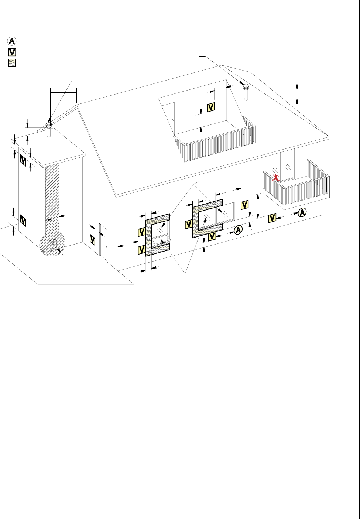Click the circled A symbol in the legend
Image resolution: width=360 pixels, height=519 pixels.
(12, 41)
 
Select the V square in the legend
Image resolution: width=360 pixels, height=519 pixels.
(12, 52)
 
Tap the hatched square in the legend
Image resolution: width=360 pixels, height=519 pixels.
(12, 62)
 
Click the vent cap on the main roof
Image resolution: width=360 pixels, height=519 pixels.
(246, 88)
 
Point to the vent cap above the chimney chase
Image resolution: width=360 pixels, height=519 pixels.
(49, 125)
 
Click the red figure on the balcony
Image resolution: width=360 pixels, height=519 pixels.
(275, 177)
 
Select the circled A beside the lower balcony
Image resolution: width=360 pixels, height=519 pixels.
(302, 212)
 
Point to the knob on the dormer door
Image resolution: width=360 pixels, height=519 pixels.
(172, 121)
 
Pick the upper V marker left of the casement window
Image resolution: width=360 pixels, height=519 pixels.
(141, 232)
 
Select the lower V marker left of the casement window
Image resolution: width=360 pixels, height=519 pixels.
(141, 250)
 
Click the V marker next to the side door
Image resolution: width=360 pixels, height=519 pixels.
(93, 240)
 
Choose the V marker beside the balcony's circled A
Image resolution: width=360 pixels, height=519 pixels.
(272, 218)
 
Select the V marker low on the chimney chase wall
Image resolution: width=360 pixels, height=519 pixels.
(23, 221)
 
